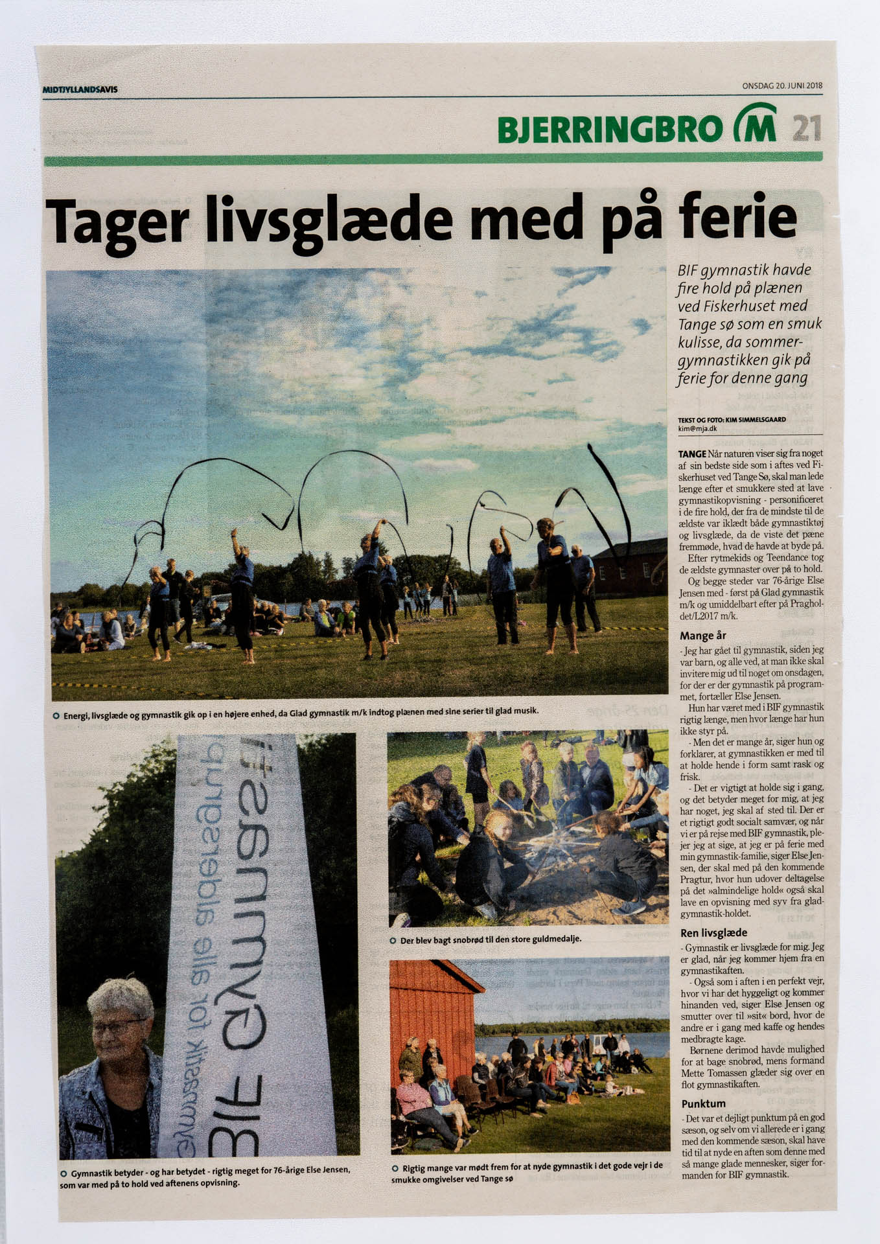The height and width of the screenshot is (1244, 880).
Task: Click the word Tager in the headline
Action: click(x=117, y=220)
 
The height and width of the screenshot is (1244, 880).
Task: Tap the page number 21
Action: click(x=807, y=128)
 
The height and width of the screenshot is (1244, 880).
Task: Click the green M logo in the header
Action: click(x=755, y=124)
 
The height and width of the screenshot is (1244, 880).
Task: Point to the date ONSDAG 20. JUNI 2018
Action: click(x=782, y=86)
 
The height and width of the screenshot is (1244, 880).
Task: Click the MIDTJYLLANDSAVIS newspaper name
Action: click(x=80, y=89)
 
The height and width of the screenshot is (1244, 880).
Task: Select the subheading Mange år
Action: click(x=703, y=636)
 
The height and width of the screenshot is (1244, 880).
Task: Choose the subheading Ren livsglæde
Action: click(x=713, y=933)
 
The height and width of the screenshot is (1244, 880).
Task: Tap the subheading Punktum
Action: click(x=703, y=1103)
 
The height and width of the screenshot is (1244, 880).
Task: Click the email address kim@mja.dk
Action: click(x=697, y=428)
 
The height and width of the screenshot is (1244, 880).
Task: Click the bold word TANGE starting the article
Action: click(x=692, y=454)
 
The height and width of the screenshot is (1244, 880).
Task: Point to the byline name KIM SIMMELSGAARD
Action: click(x=759, y=420)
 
